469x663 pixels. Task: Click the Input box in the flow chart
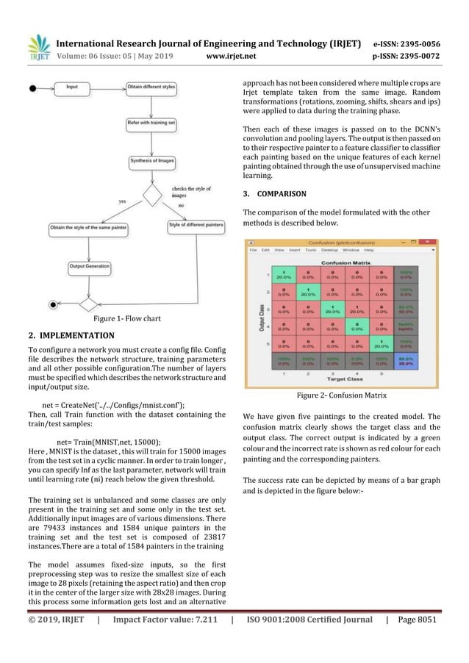73,87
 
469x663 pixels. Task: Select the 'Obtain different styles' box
151,87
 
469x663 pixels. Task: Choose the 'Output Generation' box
89,266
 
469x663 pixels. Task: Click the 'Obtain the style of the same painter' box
88,229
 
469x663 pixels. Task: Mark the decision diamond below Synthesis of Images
153,196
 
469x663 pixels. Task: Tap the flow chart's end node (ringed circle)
52,303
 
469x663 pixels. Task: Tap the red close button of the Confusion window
432,242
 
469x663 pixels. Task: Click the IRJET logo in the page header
36,45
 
